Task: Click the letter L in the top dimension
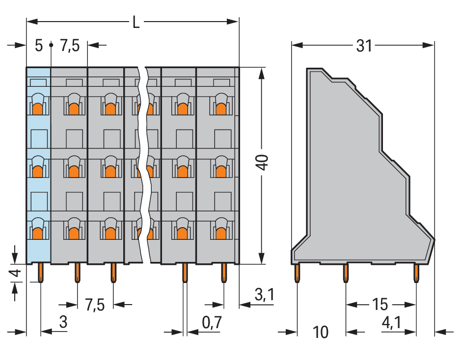(136, 22)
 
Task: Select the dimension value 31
(364, 46)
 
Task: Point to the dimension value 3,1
(265, 294)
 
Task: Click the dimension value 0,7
(212, 322)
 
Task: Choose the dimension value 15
(380, 305)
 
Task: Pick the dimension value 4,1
(392, 323)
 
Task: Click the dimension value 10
(321, 333)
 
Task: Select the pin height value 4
(16, 273)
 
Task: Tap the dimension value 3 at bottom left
(63, 322)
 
